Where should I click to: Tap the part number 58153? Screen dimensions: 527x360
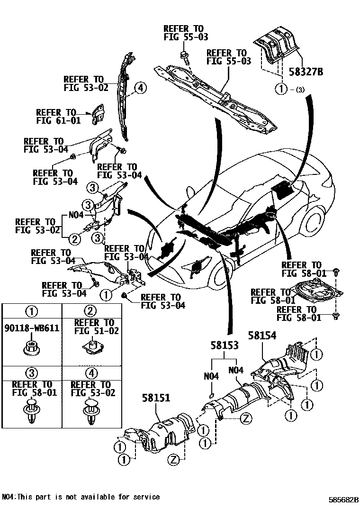(225, 346)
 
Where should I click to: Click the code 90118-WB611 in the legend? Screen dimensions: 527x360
(31, 328)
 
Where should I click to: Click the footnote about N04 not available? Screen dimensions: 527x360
(81, 497)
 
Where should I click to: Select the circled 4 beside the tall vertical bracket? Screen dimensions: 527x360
(140, 88)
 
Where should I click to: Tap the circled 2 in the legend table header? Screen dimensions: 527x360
(90, 311)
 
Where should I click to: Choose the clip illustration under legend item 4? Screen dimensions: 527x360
(90, 410)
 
